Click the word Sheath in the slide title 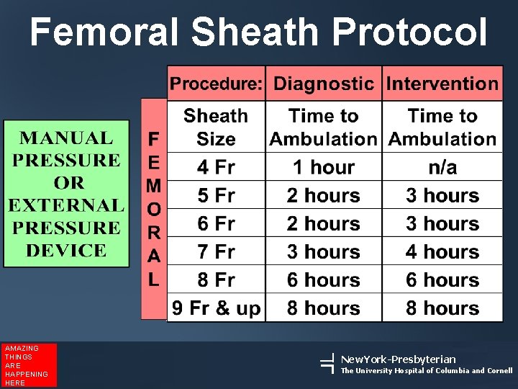click(255, 32)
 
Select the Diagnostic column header click(323, 84)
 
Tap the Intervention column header click(442, 84)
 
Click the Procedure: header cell click(216, 84)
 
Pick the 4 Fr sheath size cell click(216, 167)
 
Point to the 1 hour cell click(323, 167)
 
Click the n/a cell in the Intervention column click(442, 167)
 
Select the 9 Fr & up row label click(216, 308)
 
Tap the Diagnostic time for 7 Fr click(323, 252)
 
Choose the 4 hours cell click(442, 252)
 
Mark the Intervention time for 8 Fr click(442, 280)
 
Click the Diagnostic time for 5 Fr click(323, 195)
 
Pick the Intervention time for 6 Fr click(442, 224)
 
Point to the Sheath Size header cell click(216, 128)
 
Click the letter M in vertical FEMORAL click(153, 187)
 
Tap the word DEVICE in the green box click(66, 251)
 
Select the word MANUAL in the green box click(66, 138)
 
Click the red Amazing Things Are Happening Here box click(29, 365)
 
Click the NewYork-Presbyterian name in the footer click(398, 359)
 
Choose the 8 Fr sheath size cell click(216, 280)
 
